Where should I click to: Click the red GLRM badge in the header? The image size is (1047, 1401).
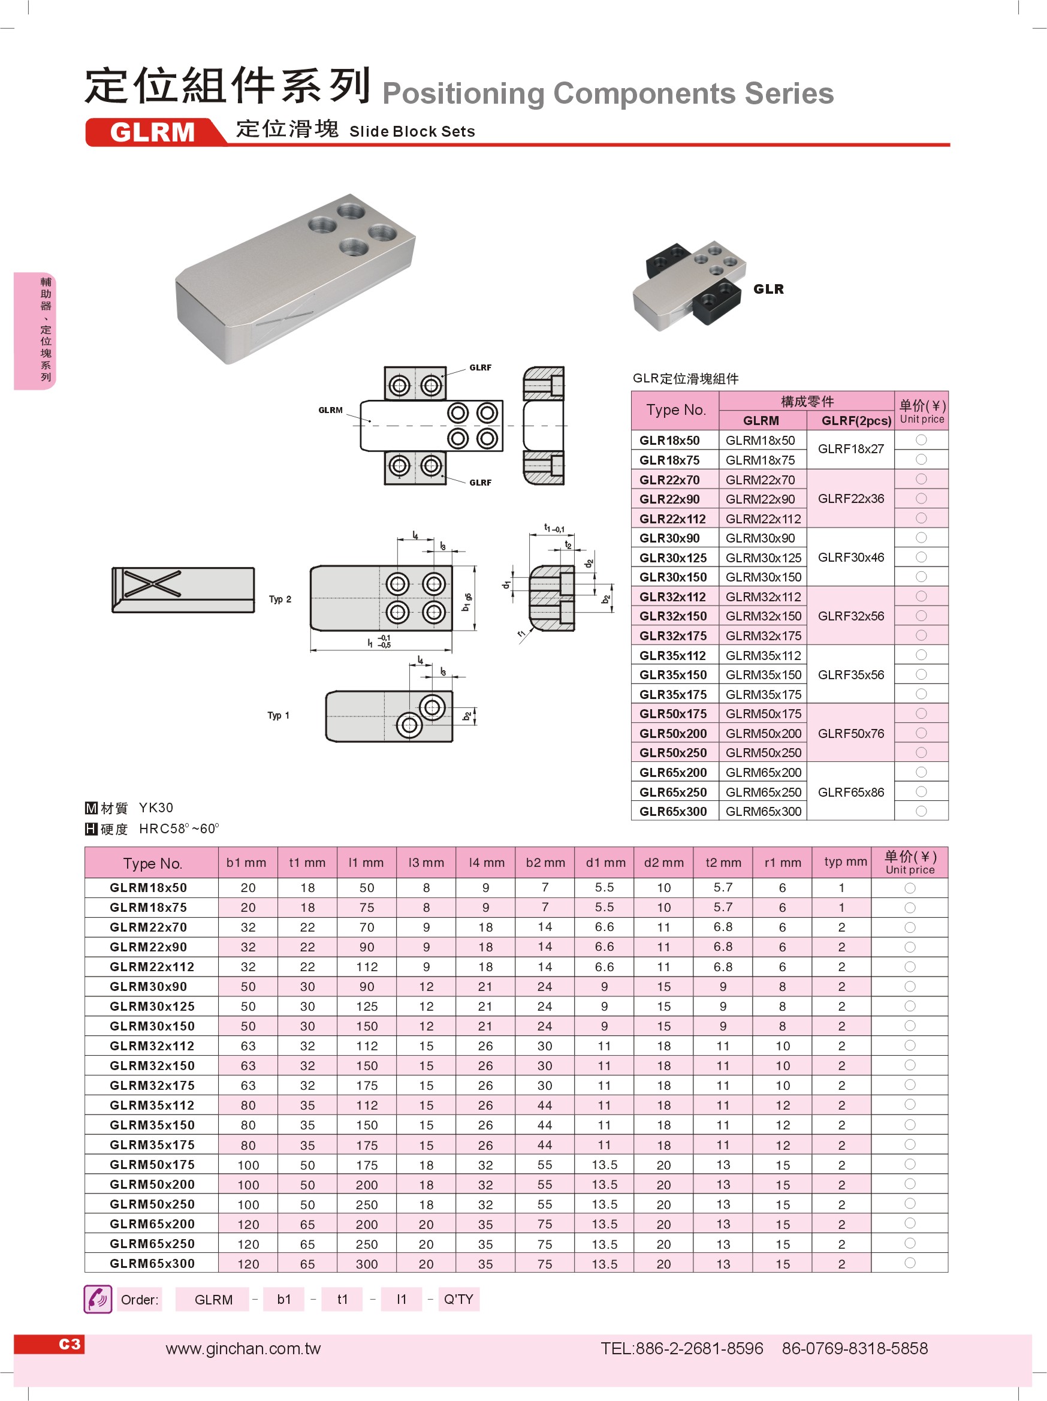pos(152,132)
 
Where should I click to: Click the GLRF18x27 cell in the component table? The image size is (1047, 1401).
pos(850,449)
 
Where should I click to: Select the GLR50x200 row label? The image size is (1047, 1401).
pos(672,733)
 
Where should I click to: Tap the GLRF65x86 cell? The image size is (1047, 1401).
pos(850,792)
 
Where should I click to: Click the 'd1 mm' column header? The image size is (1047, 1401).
pos(605,863)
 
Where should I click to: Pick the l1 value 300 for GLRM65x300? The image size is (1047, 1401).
pos(367,1264)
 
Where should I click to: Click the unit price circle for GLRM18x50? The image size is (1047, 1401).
pos(910,888)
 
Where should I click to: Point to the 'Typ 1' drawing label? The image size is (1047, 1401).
pos(278,716)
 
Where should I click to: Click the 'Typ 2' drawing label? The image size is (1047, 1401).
pos(280,599)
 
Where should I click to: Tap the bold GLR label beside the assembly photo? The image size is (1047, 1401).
pos(768,290)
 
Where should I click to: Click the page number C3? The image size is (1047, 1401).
pos(69,1344)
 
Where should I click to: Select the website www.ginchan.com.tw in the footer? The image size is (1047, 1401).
pos(243,1348)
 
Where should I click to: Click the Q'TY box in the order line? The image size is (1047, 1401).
pos(458,1300)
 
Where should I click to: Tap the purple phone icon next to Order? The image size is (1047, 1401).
pos(98,1300)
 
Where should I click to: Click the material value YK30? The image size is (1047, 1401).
pos(156,808)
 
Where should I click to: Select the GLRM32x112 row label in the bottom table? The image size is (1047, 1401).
pos(152,1046)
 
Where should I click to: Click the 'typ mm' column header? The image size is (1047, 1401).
pos(845,862)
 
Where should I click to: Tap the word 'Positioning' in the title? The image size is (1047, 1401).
pos(463,94)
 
